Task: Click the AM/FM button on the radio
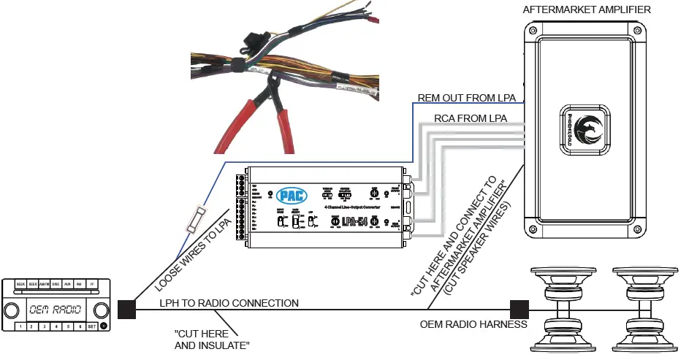pos(43,283)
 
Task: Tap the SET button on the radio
pos(92,326)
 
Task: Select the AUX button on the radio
pos(68,283)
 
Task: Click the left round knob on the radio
pos(12,310)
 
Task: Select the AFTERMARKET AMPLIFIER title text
pos(587,9)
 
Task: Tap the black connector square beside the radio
pos(126,310)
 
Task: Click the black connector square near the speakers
pos(519,310)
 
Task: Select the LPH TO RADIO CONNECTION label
pos(229,302)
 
